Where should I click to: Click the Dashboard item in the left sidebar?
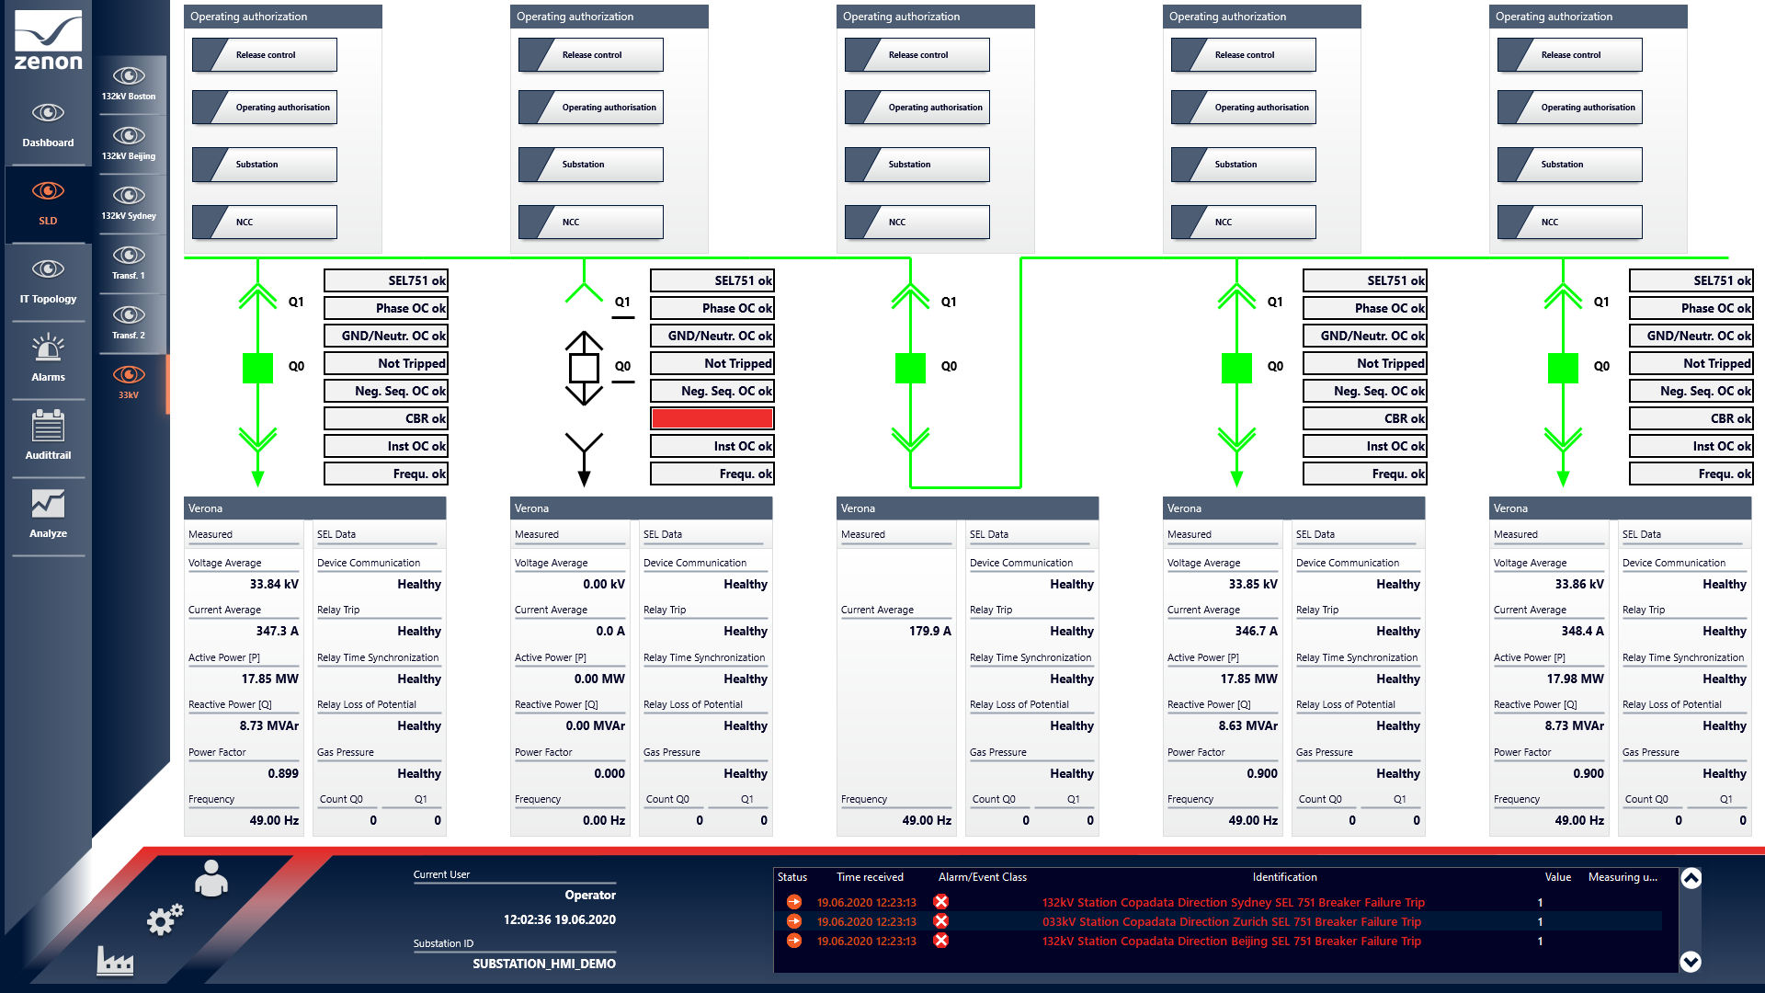point(48,125)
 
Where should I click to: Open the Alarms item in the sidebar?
point(48,359)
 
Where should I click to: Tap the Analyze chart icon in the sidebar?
point(48,504)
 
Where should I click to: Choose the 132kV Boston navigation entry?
point(129,83)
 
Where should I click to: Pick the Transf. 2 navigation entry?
point(129,322)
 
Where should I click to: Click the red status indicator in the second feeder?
point(712,418)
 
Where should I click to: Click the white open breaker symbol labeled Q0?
point(584,368)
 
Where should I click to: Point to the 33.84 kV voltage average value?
point(274,584)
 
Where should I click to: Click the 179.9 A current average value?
point(930,631)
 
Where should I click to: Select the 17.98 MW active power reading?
point(1575,679)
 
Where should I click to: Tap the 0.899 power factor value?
point(283,773)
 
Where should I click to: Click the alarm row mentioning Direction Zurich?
point(1231,921)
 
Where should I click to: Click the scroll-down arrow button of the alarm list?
point(1691,962)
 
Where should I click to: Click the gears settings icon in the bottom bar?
point(165,919)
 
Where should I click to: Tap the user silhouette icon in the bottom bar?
point(211,878)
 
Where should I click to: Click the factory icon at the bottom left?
point(115,961)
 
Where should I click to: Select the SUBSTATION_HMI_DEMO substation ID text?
point(544,964)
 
